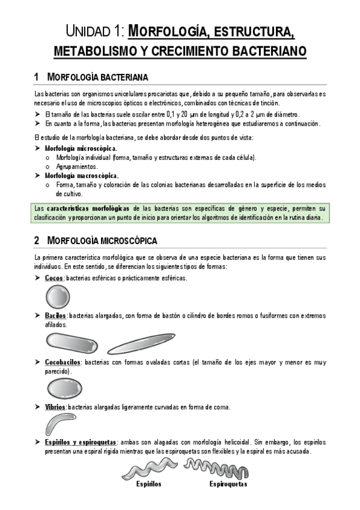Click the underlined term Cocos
54,278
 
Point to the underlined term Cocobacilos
63,362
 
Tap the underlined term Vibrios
55,407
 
